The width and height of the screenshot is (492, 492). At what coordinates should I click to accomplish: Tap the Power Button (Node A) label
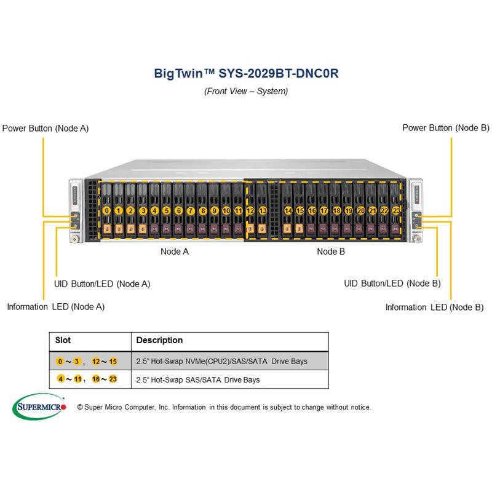(x=46, y=129)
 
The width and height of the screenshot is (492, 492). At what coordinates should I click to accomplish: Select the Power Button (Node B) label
(x=446, y=128)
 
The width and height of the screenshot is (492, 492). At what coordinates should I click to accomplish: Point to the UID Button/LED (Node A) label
(x=102, y=284)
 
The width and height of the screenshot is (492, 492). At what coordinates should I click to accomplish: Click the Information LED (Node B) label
(x=434, y=307)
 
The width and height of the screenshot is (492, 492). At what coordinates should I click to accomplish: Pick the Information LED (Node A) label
(x=55, y=306)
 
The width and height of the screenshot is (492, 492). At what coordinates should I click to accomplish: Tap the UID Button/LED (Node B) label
(x=392, y=284)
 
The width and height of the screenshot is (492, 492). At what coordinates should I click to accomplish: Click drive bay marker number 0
(x=107, y=210)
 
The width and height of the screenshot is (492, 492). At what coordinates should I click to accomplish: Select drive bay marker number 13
(x=263, y=210)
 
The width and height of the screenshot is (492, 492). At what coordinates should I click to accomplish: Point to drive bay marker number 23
(x=396, y=210)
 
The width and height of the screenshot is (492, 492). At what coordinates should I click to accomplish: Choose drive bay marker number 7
(x=191, y=210)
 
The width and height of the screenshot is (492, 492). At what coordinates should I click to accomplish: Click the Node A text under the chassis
(x=174, y=251)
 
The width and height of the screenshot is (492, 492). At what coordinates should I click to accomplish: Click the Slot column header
(x=63, y=340)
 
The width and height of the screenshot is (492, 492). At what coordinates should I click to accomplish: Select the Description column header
(x=159, y=340)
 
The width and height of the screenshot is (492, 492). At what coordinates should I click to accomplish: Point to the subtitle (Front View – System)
(x=246, y=91)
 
